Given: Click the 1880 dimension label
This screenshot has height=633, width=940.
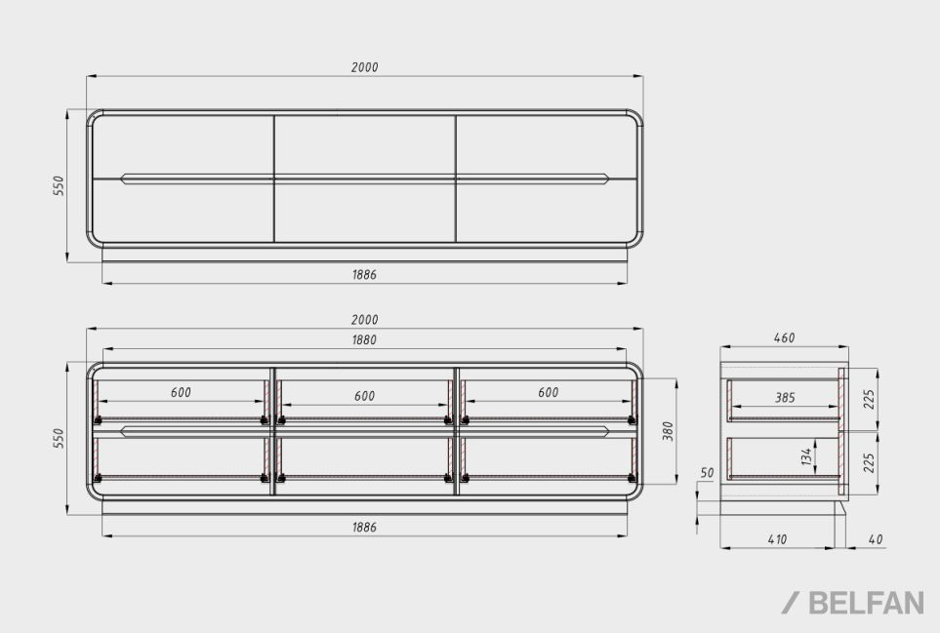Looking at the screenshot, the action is [364, 340].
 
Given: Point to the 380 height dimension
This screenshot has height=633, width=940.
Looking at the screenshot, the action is [669, 431].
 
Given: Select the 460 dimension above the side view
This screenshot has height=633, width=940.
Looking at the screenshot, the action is [784, 337].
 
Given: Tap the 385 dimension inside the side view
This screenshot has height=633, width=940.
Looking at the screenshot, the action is [785, 398].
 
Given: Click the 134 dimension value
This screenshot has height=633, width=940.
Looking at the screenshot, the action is [806, 456].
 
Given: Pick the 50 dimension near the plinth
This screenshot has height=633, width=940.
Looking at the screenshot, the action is [708, 473].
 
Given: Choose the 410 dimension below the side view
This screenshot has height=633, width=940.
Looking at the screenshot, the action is [777, 539].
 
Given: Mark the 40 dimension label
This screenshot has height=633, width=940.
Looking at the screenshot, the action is [876, 539].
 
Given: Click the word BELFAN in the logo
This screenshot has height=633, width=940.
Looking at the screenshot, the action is [866, 603].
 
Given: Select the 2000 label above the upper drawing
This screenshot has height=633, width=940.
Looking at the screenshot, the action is [364, 67].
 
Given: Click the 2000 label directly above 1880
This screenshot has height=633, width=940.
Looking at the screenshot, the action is [364, 320].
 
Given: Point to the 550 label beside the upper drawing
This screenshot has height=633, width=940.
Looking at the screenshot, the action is [59, 185].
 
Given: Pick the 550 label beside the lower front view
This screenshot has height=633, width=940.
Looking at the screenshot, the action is [59, 438].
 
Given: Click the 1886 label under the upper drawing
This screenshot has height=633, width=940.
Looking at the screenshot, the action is [364, 275].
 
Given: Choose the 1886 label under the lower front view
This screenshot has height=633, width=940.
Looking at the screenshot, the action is [364, 527].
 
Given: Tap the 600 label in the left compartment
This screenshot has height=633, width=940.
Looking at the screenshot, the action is [181, 392].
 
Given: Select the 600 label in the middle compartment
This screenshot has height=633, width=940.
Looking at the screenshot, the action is [364, 396].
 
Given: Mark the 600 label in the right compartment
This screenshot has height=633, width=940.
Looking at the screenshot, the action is [548, 392].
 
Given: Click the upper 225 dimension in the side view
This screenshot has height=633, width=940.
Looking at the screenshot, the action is [870, 399].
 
